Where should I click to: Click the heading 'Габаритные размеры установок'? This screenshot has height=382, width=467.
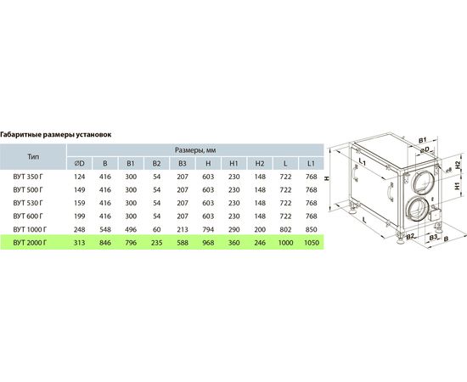click(56, 135)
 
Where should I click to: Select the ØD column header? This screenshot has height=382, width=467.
click(80, 164)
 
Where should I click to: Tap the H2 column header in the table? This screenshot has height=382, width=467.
click(260, 164)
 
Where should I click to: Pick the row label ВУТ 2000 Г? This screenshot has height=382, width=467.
click(30, 243)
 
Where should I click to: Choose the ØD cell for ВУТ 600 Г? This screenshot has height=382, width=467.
click(80, 216)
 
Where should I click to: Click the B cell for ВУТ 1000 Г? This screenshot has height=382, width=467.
click(105, 229)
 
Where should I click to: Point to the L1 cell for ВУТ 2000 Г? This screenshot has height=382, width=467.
click(312, 243)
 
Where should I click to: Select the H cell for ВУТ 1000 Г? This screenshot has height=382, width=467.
click(208, 229)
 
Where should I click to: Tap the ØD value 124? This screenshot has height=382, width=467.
click(80, 177)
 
